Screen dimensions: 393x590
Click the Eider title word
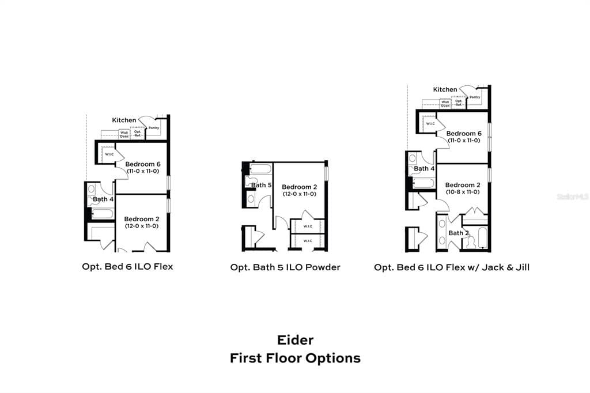[295, 340]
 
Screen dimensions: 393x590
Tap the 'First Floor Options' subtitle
[295, 358]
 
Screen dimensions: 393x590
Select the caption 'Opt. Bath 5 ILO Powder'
[285, 267]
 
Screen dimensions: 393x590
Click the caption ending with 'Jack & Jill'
[451, 267]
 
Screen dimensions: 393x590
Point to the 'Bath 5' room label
[261, 185]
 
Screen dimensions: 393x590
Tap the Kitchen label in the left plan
[124, 120]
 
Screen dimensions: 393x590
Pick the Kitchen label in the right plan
[445, 89]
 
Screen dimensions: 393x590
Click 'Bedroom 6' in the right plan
[464, 133]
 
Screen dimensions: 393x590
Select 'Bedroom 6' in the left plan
[142, 164]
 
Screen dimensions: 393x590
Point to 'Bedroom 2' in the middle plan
[299, 187]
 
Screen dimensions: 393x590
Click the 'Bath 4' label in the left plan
[104, 199]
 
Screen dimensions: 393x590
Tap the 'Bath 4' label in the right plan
[425, 168]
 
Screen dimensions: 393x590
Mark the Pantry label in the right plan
[475, 97]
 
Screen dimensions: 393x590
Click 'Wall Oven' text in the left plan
[124, 134]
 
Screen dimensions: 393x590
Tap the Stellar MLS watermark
[573, 197]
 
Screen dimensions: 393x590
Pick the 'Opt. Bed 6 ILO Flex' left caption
[127, 267]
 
